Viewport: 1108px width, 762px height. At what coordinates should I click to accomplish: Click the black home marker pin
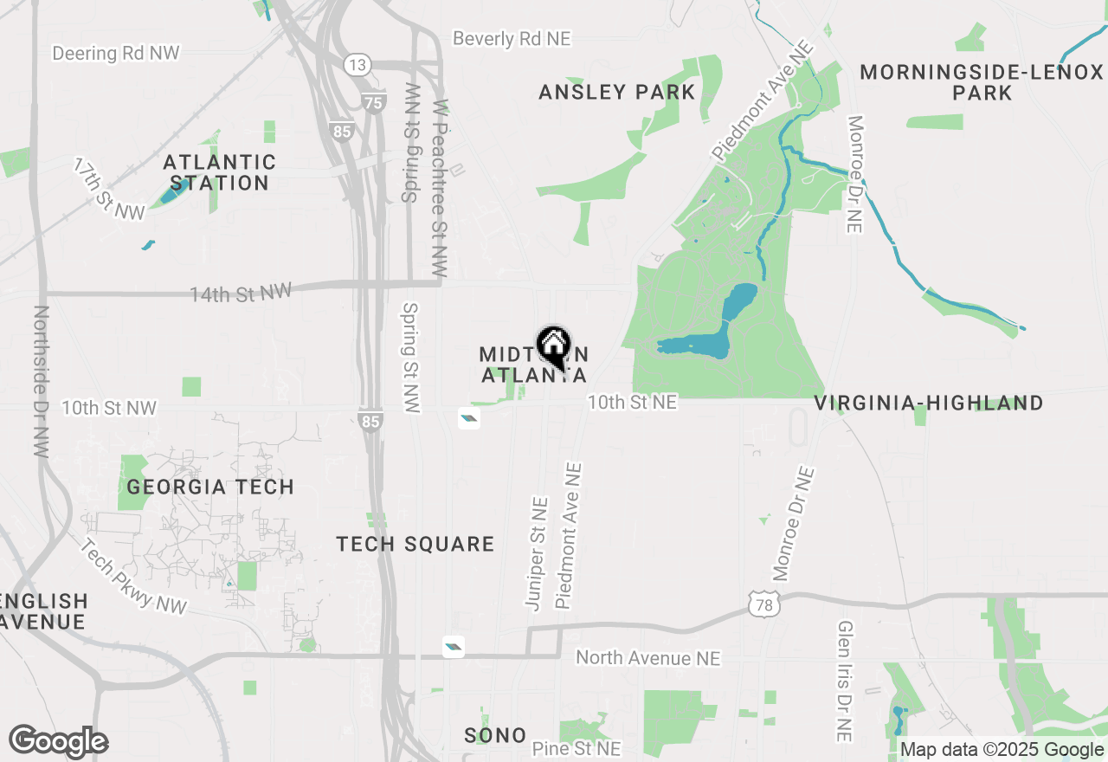pyautogui.click(x=553, y=347)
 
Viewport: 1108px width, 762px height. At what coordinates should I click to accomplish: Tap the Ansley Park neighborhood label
pyautogui.click(x=616, y=92)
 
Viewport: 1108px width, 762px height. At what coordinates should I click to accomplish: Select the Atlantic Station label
pyautogui.click(x=220, y=172)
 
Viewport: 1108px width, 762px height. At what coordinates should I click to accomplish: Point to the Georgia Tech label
pyautogui.click(x=210, y=488)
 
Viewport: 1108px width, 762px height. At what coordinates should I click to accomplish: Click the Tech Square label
pyautogui.click(x=415, y=544)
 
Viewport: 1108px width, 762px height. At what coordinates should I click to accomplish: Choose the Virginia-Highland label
pyautogui.click(x=929, y=403)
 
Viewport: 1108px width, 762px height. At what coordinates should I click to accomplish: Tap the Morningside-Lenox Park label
pyautogui.click(x=982, y=82)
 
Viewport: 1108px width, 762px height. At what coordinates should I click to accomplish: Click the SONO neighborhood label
pyautogui.click(x=495, y=735)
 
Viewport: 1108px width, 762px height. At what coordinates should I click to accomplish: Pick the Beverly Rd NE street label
pyautogui.click(x=512, y=39)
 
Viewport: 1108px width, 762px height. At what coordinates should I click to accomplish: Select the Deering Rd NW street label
pyautogui.click(x=116, y=54)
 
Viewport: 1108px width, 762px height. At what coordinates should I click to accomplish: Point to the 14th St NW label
pyautogui.click(x=242, y=294)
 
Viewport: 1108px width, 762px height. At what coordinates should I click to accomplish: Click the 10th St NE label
pyautogui.click(x=632, y=403)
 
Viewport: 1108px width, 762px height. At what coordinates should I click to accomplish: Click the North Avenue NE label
pyautogui.click(x=647, y=658)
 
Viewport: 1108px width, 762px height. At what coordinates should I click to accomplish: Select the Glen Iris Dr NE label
pyautogui.click(x=845, y=681)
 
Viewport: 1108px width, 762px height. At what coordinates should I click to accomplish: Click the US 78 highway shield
pyautogui.click(x=763, y=605)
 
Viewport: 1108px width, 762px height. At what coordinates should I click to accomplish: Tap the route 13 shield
pyautogui.click(x=357, y=64)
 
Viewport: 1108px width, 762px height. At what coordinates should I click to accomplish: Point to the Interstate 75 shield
pyautogui.click(x=373, y=102)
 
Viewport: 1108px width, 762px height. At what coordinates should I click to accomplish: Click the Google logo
pyautogui.click(x=58, y=742)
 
